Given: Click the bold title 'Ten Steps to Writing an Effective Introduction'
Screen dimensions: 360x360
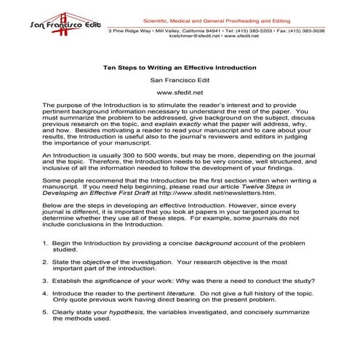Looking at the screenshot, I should tap(180, 67).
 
